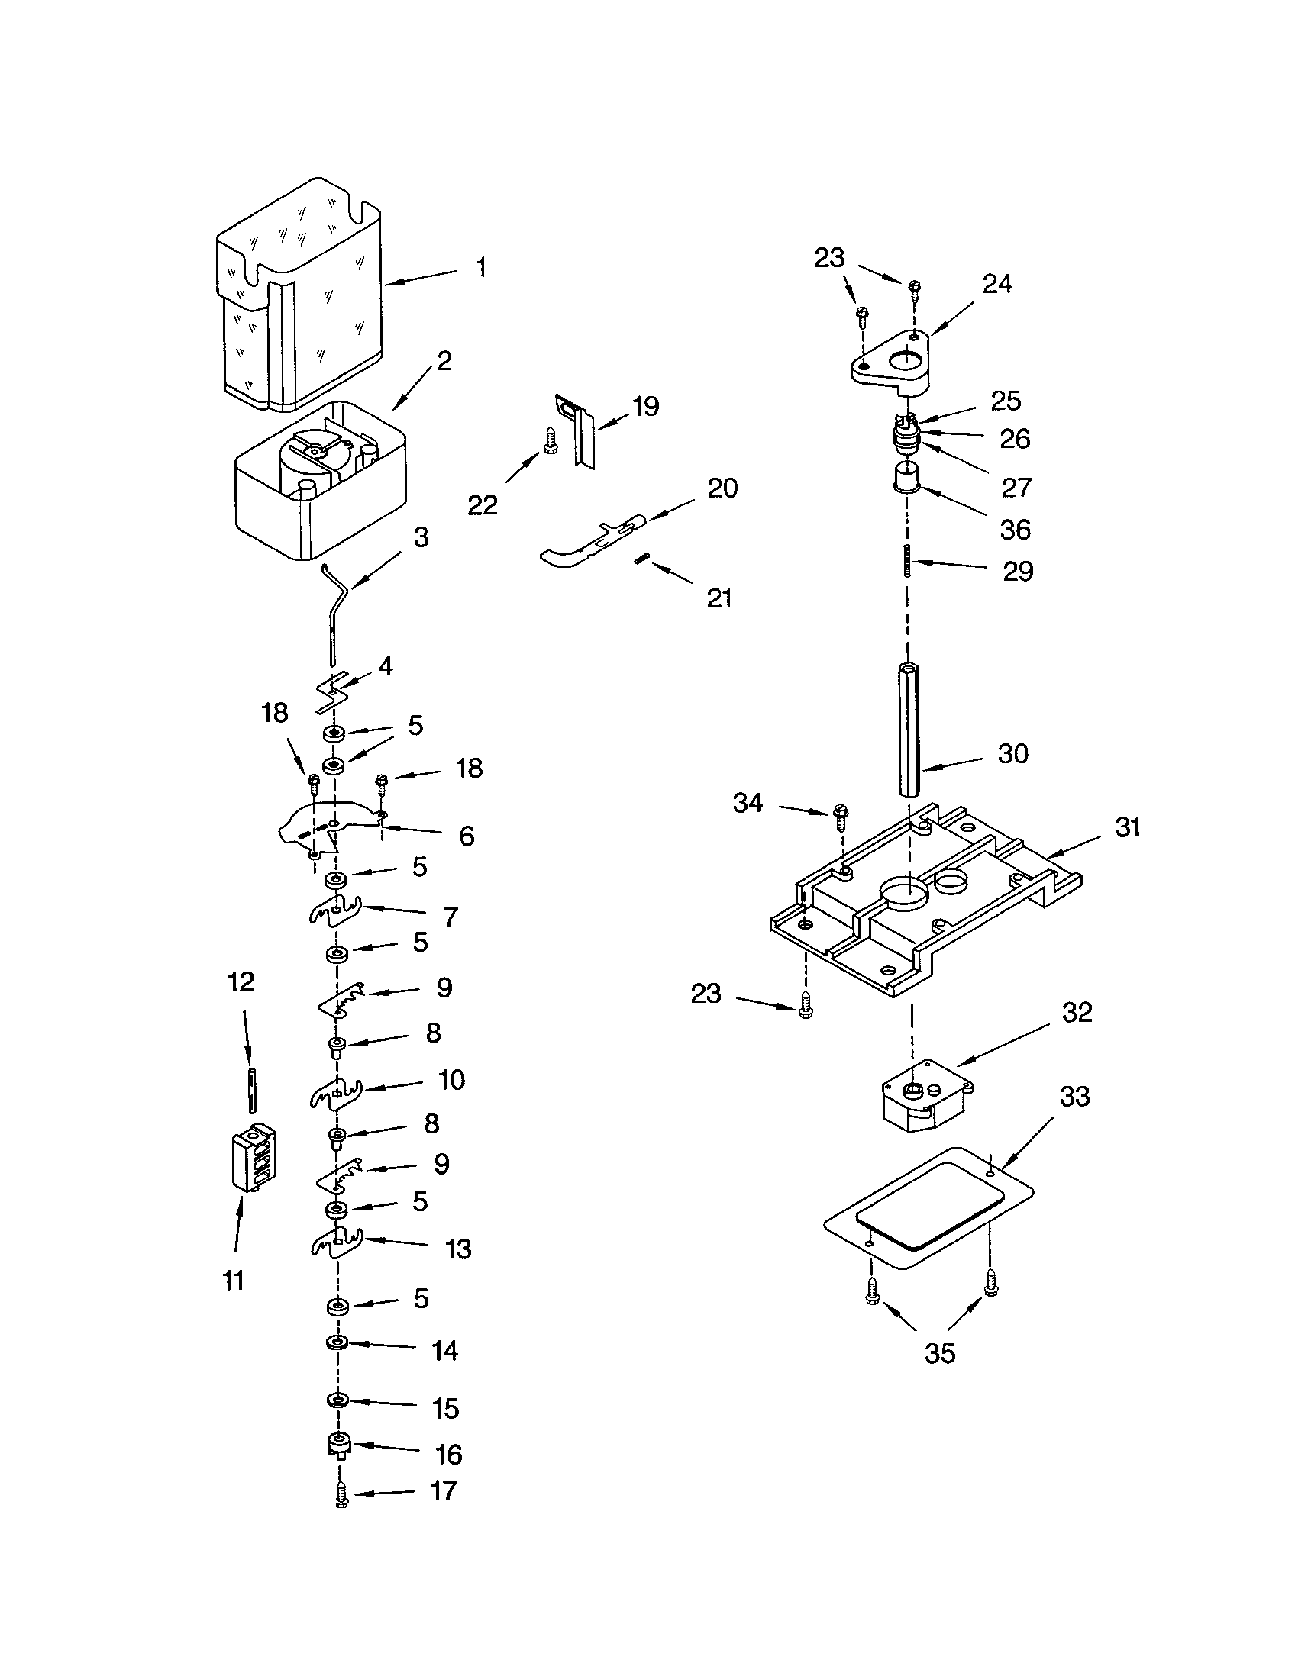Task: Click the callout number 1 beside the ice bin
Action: pos(480,268)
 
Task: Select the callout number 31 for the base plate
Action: pos(1126,827)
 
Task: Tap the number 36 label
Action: pos(1015,529)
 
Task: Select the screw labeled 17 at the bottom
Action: pos(342,1495)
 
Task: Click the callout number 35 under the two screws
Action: pos(939,1353)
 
